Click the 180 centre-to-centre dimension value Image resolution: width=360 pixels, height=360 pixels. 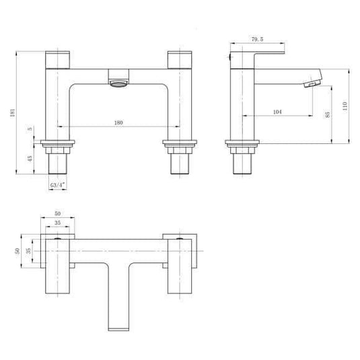coord(119,122)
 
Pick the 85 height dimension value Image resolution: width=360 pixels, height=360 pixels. coord(328,115)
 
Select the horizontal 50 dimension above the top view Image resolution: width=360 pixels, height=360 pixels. coord(57,212)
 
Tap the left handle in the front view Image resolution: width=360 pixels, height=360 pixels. coord(57,59)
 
